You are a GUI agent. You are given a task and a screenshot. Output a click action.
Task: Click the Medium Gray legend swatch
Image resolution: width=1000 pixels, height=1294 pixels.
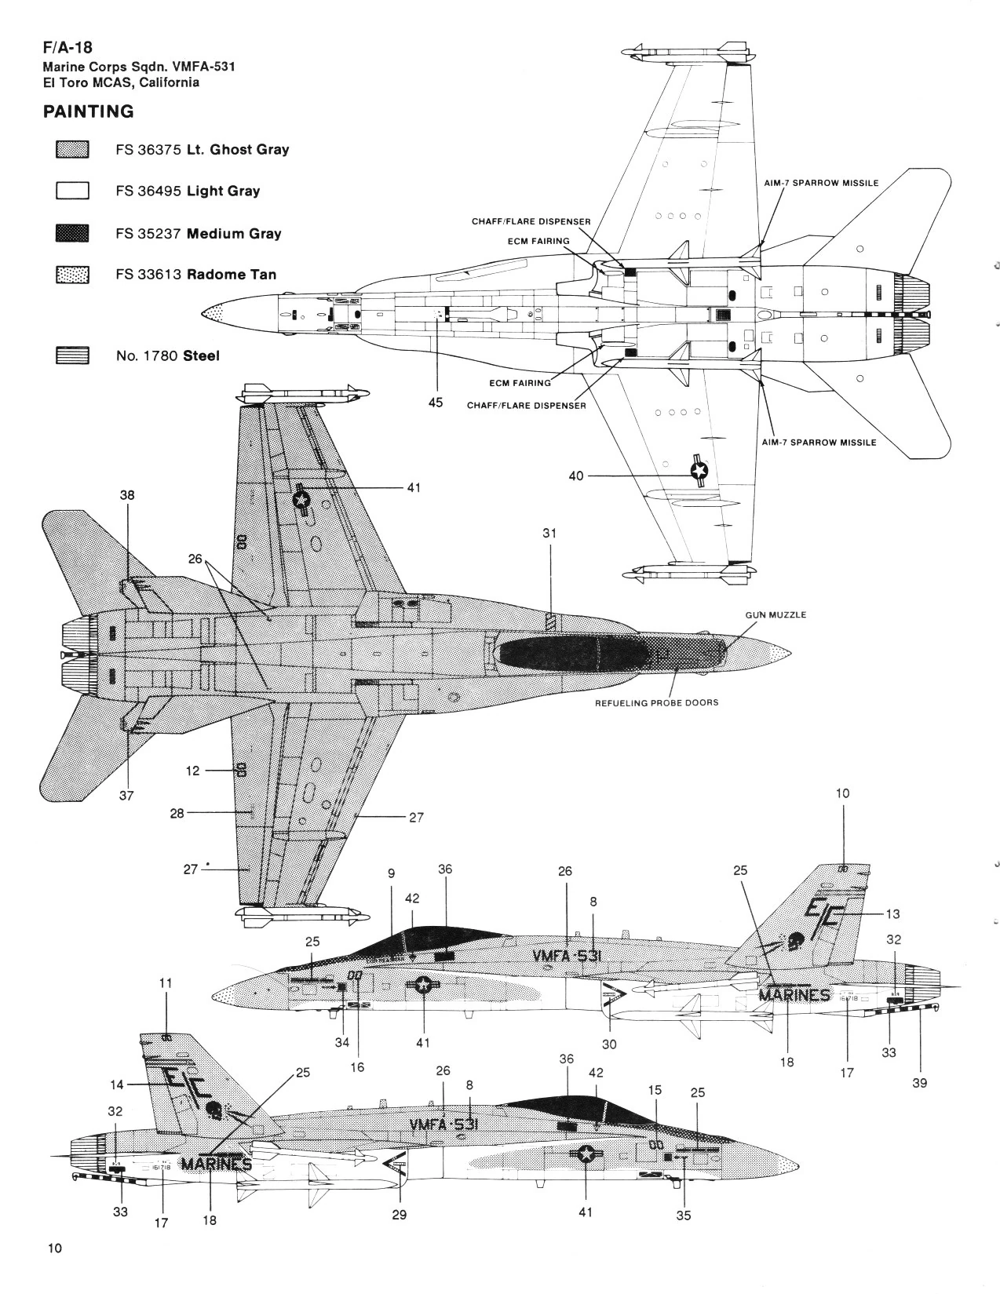coord(72,233)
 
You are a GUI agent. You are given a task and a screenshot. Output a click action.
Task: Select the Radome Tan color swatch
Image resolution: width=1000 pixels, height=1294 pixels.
coord(72,275)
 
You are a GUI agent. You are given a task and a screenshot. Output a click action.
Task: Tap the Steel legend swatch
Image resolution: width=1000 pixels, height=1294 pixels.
coord(72,355)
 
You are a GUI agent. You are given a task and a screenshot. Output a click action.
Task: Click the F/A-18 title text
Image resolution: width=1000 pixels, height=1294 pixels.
coord(68,48)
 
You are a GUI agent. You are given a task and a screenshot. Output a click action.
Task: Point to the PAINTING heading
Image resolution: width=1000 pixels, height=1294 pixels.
coord(88,111)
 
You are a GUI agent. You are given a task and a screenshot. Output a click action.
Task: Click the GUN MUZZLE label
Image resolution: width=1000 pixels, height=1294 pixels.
coord(775,614)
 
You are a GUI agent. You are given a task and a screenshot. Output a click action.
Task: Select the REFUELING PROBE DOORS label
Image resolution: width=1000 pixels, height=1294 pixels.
coord(656,702)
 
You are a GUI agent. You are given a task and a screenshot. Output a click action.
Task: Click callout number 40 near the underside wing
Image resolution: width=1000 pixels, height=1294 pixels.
coord(576,476)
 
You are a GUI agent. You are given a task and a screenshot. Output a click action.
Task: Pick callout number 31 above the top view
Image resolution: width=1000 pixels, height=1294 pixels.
coord(549,533)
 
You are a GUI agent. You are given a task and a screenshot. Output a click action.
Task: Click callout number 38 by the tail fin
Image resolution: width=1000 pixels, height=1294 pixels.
coord(127,495)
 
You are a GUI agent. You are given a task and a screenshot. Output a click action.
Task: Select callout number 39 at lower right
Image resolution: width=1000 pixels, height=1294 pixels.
coord(920,1082)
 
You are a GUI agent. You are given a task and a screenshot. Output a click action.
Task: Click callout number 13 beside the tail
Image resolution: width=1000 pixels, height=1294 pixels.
coord(892,913)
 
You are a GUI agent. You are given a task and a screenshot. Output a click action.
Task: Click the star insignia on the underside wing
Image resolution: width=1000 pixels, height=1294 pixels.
coord(698,470)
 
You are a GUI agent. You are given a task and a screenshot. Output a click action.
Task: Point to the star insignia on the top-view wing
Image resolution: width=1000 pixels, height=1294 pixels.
coord(301,498)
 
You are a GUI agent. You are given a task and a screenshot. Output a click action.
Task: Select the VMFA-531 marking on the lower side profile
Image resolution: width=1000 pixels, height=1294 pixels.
coord(444,1125)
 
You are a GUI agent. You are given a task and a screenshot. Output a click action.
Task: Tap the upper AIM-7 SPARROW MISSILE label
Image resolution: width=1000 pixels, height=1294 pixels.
coord(821,183)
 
